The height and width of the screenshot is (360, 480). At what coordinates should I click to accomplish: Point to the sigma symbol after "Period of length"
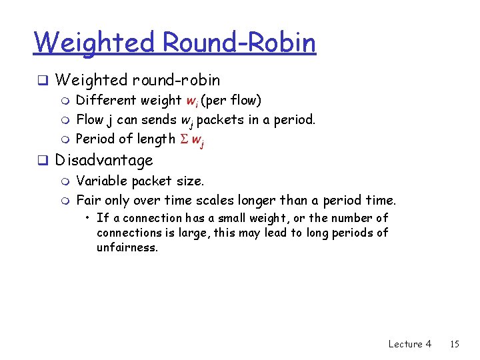coord(182,139)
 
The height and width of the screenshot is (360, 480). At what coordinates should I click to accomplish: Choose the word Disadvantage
coord(104,160)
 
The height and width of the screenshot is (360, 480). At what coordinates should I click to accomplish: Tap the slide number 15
coord(455,344)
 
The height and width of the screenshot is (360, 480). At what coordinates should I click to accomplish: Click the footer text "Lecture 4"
coord(409,344)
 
